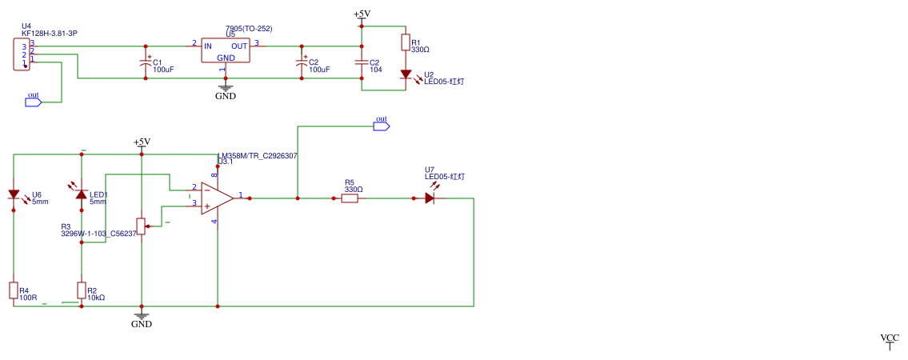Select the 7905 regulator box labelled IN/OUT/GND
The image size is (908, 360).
click(x=225, y=50)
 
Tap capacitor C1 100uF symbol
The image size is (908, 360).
click(x=145, y=62)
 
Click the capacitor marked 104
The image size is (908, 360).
click(x=362, y=62)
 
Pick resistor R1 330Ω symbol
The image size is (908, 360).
click(x=406, y=42)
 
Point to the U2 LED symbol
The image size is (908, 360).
click(x=406, y=74)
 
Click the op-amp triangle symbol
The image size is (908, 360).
click(x=217, y=198)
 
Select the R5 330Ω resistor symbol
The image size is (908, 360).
click(x=350, y=198)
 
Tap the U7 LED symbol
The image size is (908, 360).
click(x=430, y=198)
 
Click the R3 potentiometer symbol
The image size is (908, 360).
click(x=142, y=226)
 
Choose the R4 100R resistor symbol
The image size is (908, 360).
click(x=14, y=290)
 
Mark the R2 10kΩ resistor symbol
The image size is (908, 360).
click(x=82, y=290)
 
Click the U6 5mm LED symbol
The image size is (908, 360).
click(x=14, y=194)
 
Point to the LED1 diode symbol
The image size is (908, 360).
click(x=82, y=194)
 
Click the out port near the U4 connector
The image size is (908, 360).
click(x=34, y=102)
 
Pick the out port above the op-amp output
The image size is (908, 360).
click(x=382, y=126)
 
